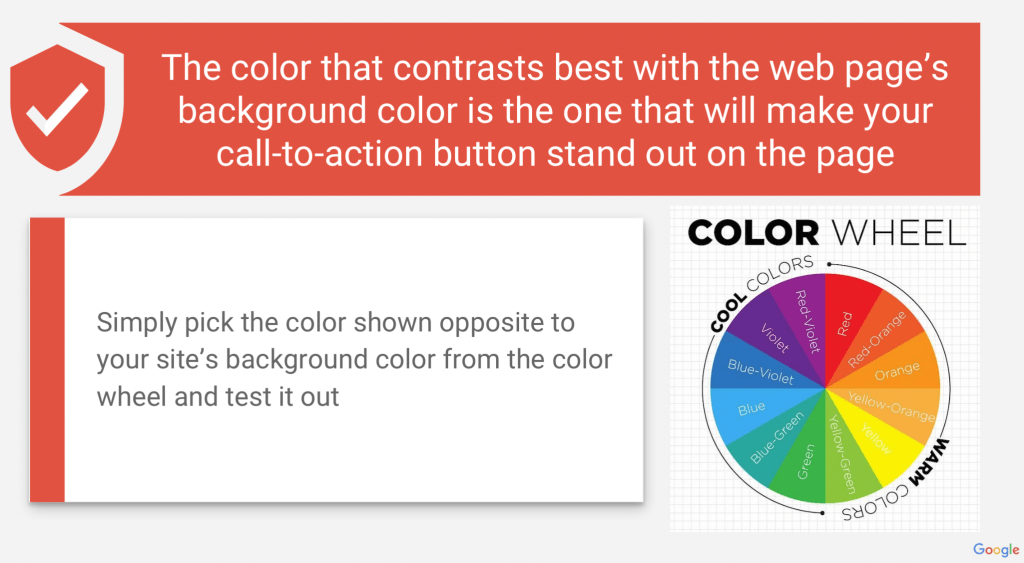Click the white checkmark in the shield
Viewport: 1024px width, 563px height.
tap(57, 109)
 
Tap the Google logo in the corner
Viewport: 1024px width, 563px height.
tap(995, 550)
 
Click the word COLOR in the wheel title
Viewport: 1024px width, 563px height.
tap(753, 233)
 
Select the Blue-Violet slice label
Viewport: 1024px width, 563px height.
tap(760, 372)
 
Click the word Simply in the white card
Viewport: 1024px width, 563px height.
tap(136, 323)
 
